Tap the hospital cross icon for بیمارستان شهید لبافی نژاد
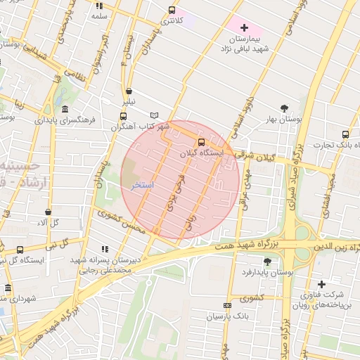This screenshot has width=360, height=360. [x=244, y=27]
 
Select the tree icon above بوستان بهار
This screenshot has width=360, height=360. [x=284, y=108]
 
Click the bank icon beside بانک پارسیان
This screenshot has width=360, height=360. [x=226, y=306]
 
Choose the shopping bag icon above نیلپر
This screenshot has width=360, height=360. [x=129, y=91]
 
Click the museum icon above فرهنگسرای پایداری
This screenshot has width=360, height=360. [x=65, y=109]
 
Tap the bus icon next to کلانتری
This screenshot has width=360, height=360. [x=172, y=10]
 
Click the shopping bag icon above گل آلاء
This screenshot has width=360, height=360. [x=48, y=211]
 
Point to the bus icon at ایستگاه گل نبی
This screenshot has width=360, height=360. [x=19, y=250]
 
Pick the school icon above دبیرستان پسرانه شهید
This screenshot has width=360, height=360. [x=105, y=248]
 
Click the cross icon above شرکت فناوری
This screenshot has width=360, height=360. [x=321, y=284]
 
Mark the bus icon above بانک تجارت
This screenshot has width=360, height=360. [x=345, y=134]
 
